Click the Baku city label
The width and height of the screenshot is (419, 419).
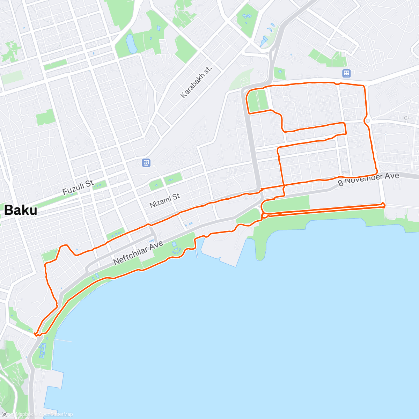[21, 210]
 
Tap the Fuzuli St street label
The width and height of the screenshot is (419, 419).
[78, 188]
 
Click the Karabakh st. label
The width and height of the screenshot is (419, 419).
[196, 82]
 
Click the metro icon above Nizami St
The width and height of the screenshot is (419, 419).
[146, 162]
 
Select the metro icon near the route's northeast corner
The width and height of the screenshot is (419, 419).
[346, 73]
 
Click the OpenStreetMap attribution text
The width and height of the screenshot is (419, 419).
[56, 414]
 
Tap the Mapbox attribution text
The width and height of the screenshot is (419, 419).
[24, 414]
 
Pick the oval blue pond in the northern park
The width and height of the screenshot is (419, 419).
[131, 44]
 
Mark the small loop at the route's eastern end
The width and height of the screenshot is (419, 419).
[383, 205]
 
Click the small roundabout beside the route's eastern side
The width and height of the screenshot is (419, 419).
[368, 121]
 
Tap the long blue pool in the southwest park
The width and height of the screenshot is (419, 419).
[42, 351]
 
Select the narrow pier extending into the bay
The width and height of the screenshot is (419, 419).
[196, 249]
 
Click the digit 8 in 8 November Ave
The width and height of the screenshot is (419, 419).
[341, 183]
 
